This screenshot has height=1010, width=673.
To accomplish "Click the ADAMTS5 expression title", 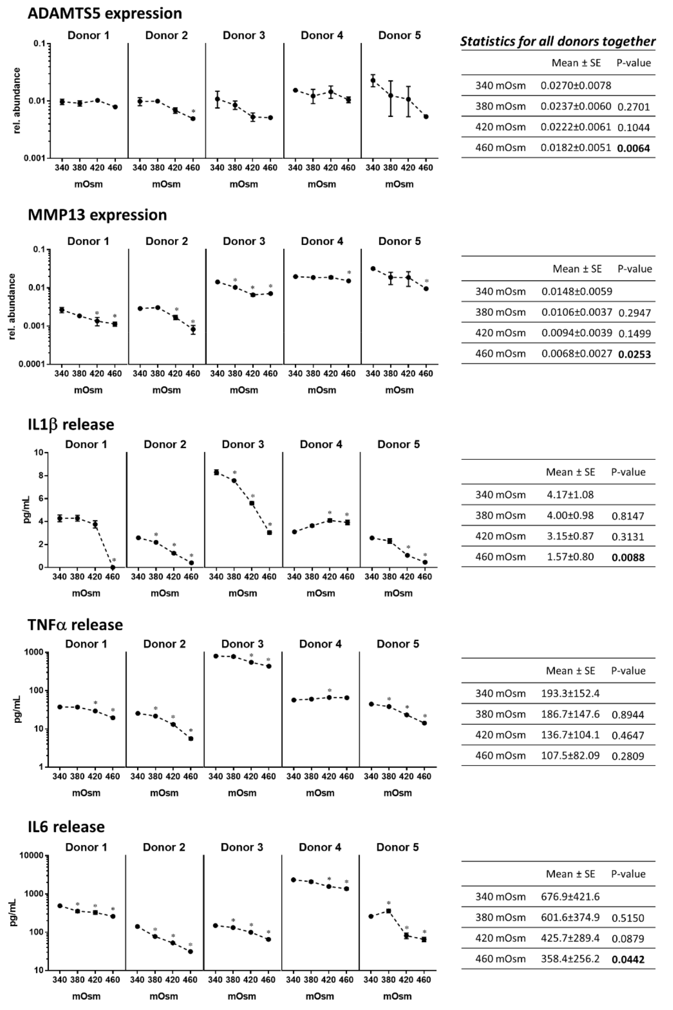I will coord(105,13).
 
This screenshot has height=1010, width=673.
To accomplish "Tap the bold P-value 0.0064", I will coord(634,148).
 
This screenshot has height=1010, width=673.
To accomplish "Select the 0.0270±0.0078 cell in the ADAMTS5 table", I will coord(575,86).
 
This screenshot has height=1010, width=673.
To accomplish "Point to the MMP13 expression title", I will coord(98,215).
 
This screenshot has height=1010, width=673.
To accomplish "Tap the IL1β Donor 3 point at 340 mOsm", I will coord(216,472).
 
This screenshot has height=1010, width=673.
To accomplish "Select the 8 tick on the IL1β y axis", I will coord(41,476).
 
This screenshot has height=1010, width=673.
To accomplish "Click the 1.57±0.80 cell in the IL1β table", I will coord(570,557).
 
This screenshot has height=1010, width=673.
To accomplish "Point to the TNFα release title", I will coord(75,625).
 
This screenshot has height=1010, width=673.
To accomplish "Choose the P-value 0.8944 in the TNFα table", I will coord(628,715).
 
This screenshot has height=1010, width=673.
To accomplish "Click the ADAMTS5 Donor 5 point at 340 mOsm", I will coord(373,80).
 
